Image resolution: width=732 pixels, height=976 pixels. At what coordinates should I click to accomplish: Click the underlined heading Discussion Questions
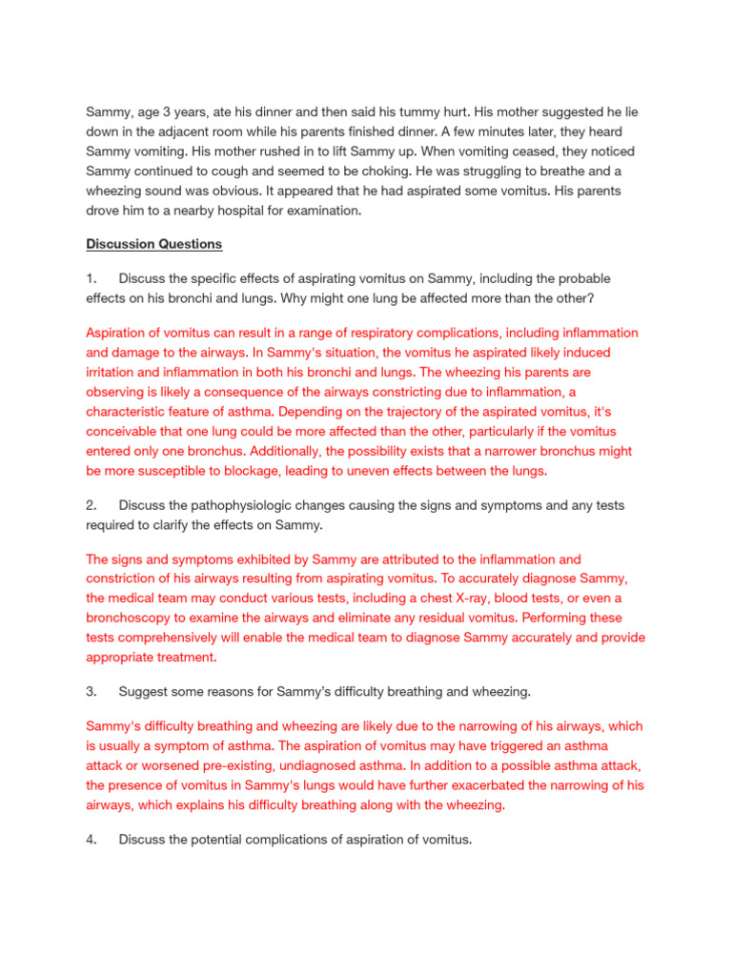click(x=154, y=244)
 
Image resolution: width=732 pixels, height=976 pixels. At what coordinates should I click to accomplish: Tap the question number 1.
click(x=90, y=278)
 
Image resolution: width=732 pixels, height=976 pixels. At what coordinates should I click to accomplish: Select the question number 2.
click(x=91, y=504)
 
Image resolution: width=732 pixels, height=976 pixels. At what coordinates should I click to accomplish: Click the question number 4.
click(x=91, y=839)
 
